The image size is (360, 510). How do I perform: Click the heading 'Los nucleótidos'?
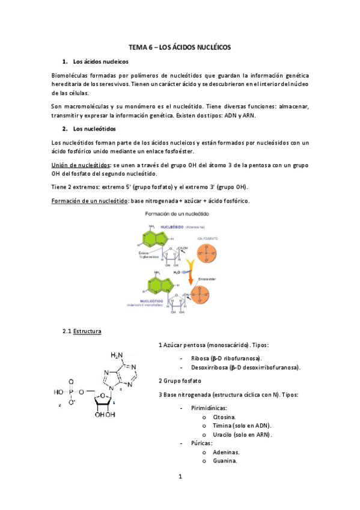[x=94, y=129]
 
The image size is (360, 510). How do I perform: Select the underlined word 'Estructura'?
[x=87, y=331]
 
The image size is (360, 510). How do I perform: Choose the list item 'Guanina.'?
[x=224, y=461]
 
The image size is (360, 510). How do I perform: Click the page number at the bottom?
[x=180, y=477]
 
